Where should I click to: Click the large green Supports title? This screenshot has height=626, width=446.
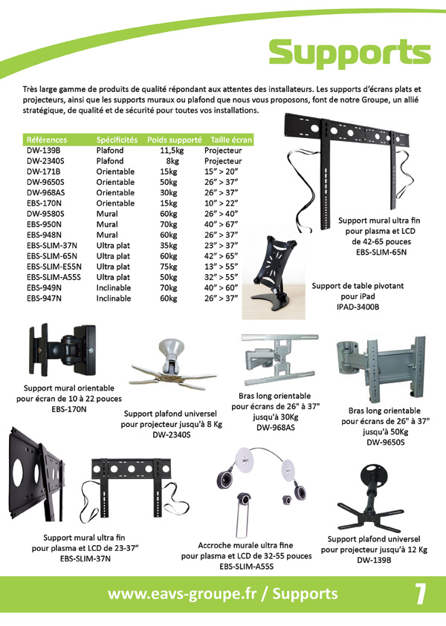(349, 53)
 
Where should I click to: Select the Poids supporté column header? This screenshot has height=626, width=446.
(174, 140)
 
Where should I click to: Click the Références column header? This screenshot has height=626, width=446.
(47, 140)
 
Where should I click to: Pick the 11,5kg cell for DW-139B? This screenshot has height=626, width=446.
(172, 151)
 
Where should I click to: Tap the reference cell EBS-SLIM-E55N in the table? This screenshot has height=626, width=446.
(54, 267)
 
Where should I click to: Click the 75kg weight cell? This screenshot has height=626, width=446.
(169, 267)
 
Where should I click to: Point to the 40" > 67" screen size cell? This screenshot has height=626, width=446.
(221, 224)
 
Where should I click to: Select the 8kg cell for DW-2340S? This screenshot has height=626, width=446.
(172, 161)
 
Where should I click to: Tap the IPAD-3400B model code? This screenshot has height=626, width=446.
(358, 307)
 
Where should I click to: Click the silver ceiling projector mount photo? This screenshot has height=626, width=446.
(173, 365)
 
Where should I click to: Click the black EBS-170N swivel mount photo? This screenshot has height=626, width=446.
(62, 350)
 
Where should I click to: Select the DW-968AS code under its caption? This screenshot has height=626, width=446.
(276, 428)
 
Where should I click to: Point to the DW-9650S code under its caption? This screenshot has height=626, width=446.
(385, 443)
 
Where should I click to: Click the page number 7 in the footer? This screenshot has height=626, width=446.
(420, 595)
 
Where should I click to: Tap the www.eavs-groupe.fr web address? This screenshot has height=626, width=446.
(182, 594)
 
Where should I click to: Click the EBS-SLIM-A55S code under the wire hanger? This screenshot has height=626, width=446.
(247, 567)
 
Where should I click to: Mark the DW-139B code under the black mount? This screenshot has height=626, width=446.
(374, 561)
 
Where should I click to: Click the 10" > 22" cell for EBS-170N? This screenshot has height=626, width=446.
(221, 203)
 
